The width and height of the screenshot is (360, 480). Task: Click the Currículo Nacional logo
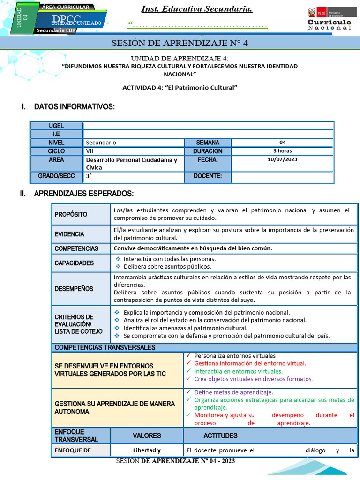(329, 19)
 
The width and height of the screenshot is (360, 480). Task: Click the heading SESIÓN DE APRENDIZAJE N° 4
(180, 44)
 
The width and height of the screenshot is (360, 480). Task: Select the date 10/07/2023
(283, 160)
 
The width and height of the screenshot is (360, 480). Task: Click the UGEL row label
(56, 126)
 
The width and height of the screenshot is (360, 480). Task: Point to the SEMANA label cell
(207, 142)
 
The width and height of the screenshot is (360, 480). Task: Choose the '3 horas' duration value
(283, 151)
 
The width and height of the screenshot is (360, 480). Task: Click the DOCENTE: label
(207, 177)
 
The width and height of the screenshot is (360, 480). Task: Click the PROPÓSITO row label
(71, 214)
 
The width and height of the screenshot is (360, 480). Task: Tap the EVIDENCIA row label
(69, 234)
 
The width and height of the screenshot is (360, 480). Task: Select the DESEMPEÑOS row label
(74, 289)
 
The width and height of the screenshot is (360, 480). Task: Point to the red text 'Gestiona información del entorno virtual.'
(250, 363)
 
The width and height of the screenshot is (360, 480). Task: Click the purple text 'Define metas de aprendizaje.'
(233, 392)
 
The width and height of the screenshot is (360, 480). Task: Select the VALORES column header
(147, 435)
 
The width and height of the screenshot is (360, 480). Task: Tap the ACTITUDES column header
(220, 435)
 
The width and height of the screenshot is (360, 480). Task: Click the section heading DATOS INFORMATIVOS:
(74, 107)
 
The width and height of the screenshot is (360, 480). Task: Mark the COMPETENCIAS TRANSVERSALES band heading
(105, 347)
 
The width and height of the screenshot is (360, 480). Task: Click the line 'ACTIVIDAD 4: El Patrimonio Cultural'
(180, 87)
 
